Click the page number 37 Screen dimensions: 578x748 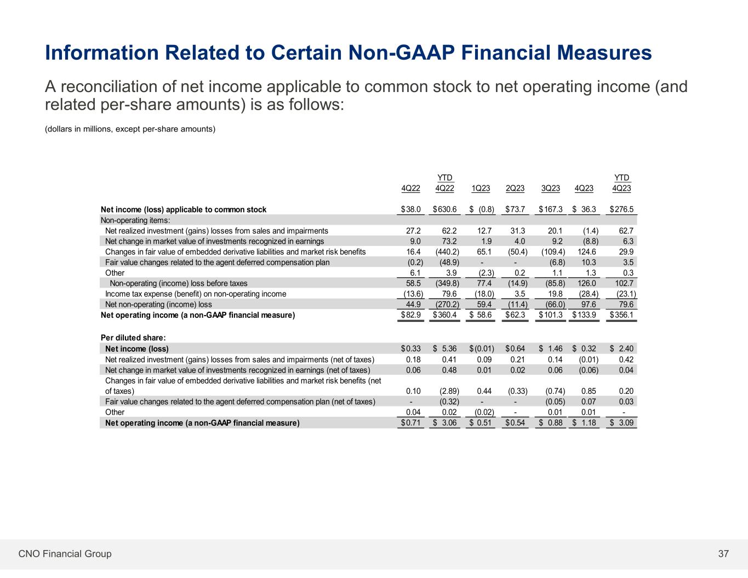pos(723,554)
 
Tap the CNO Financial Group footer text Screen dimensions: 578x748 pos(65,554)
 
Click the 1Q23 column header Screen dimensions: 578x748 pos(481,188)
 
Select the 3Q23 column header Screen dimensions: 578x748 pos(550,188)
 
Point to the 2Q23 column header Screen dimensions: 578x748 pos(515,188)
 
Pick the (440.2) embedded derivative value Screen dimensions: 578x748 pos(448,252)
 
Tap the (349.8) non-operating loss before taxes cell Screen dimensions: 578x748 pos(448,283)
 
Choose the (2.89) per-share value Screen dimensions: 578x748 pos(449,391)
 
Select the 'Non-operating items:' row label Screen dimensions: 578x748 pos(135,220)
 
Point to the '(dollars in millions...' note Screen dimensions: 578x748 pos(130,129)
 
